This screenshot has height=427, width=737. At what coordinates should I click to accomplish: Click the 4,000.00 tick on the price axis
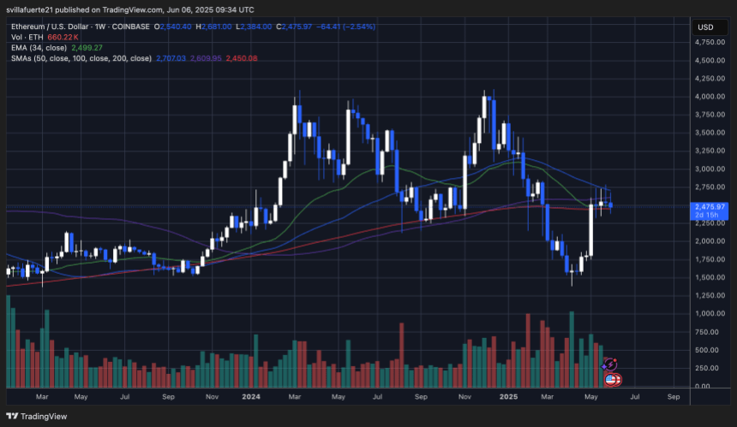click(709, 96)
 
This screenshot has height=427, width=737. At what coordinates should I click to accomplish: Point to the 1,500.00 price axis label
click(709, 277)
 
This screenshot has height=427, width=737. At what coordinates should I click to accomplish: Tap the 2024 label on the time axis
click(251, 397)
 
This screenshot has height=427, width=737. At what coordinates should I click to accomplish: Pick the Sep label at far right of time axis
click(674, 397)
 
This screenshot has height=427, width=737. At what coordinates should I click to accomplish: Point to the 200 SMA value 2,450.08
click(241, 58)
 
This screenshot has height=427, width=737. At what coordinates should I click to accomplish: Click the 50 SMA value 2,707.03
click(170, 58)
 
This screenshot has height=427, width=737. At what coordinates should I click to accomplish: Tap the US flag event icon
click(612, 379)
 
